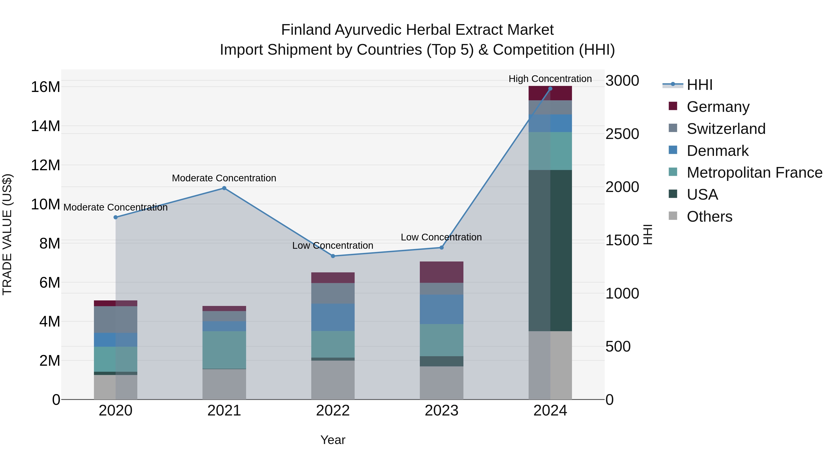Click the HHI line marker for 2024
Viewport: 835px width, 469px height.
point(550,89)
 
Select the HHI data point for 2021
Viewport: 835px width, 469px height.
point(224,188)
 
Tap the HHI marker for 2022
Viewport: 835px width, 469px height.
point(333,256)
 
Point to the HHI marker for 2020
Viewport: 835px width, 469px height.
point(116,217)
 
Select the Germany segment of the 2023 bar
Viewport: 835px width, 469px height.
point(441,272)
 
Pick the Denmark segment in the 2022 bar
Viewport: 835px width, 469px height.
point(333,317)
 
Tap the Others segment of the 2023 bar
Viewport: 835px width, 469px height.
point(441,383)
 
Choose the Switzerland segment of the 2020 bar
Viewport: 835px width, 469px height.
point(116,319)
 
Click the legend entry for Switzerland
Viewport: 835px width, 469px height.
point(726,129)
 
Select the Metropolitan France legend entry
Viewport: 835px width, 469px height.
point(754,173)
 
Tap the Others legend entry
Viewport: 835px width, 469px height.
point(709,217)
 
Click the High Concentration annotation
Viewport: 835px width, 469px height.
point(550,79)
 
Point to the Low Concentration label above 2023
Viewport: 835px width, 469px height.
point(441,237)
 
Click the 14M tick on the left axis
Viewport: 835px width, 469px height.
point(45,126)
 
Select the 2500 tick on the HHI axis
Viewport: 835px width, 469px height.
point(622,134)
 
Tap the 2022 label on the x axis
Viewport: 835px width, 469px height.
point(333,411)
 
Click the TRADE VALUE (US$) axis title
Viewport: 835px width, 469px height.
point(7,234)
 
